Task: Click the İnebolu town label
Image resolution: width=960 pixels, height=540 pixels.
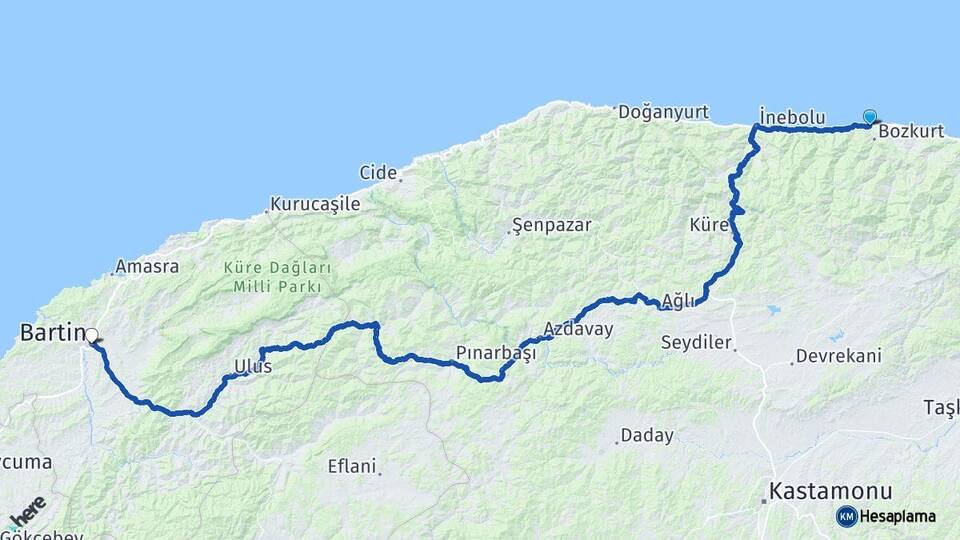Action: pos(792,117)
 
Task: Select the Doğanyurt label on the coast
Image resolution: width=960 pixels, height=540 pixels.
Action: pos(663,112)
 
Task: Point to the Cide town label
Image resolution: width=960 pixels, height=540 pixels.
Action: pos(378,172)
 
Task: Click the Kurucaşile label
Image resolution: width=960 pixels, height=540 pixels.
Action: pos(314,204)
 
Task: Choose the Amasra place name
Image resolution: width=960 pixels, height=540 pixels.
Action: pos(147,267)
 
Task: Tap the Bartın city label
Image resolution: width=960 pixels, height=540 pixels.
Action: pos(49,331)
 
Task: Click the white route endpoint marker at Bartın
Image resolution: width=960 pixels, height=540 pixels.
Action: pos(91,335)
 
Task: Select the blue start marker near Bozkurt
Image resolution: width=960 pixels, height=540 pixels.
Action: pos(869,117)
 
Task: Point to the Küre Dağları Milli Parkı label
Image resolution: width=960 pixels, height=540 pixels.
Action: pos(277,278)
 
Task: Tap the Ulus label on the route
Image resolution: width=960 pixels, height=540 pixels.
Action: pos(252,367)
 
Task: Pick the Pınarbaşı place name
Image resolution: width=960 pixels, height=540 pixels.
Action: pos(496,353)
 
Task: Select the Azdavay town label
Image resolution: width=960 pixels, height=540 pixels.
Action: pos(578,328)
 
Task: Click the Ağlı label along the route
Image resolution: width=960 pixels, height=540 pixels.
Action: pos(677,300)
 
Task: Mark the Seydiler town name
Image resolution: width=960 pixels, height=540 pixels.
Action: pos(697,342)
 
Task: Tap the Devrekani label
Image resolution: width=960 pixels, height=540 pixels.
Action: pos(838,356)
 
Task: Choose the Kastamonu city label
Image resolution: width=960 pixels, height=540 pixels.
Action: pos(829,491)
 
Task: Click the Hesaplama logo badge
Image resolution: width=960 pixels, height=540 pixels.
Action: pos(886,516)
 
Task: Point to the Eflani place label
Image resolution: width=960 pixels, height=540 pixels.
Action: pos(352,465)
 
